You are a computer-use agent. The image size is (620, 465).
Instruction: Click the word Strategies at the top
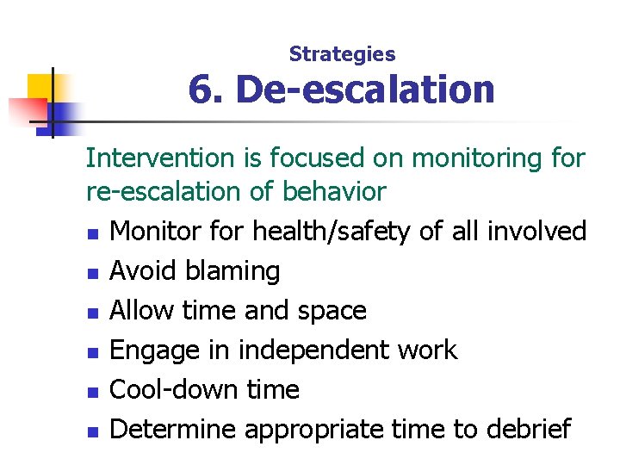[342, 54]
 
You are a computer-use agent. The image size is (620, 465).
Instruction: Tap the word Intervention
[160, 158]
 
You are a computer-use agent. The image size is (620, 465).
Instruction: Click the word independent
[324, 350]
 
